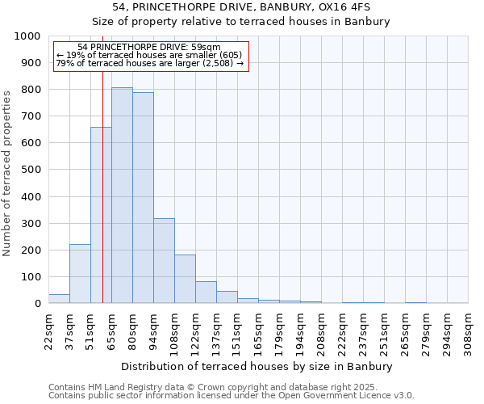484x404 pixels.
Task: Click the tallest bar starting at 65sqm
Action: [122, 196]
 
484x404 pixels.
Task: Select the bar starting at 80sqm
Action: [143, 198]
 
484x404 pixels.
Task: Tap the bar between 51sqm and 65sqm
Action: [101, 215]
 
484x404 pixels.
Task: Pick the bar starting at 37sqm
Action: [80, 274]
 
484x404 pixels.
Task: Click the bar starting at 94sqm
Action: [164, 261]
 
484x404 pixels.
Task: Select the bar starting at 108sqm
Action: [185, 279]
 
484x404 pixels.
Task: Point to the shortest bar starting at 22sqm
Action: [59, 299]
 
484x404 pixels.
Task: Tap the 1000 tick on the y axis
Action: [27, 36]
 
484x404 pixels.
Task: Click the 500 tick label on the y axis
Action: [31, 170]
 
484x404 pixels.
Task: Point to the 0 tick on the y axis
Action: [37, 304]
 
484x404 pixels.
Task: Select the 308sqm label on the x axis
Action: [468, 331]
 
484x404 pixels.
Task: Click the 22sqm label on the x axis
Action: [48, 331]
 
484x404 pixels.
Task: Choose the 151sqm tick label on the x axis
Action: [237, 331]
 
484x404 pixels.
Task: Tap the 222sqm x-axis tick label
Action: [342, 331]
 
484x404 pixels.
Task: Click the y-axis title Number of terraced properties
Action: [7, 173]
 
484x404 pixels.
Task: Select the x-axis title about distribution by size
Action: [256, 366]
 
